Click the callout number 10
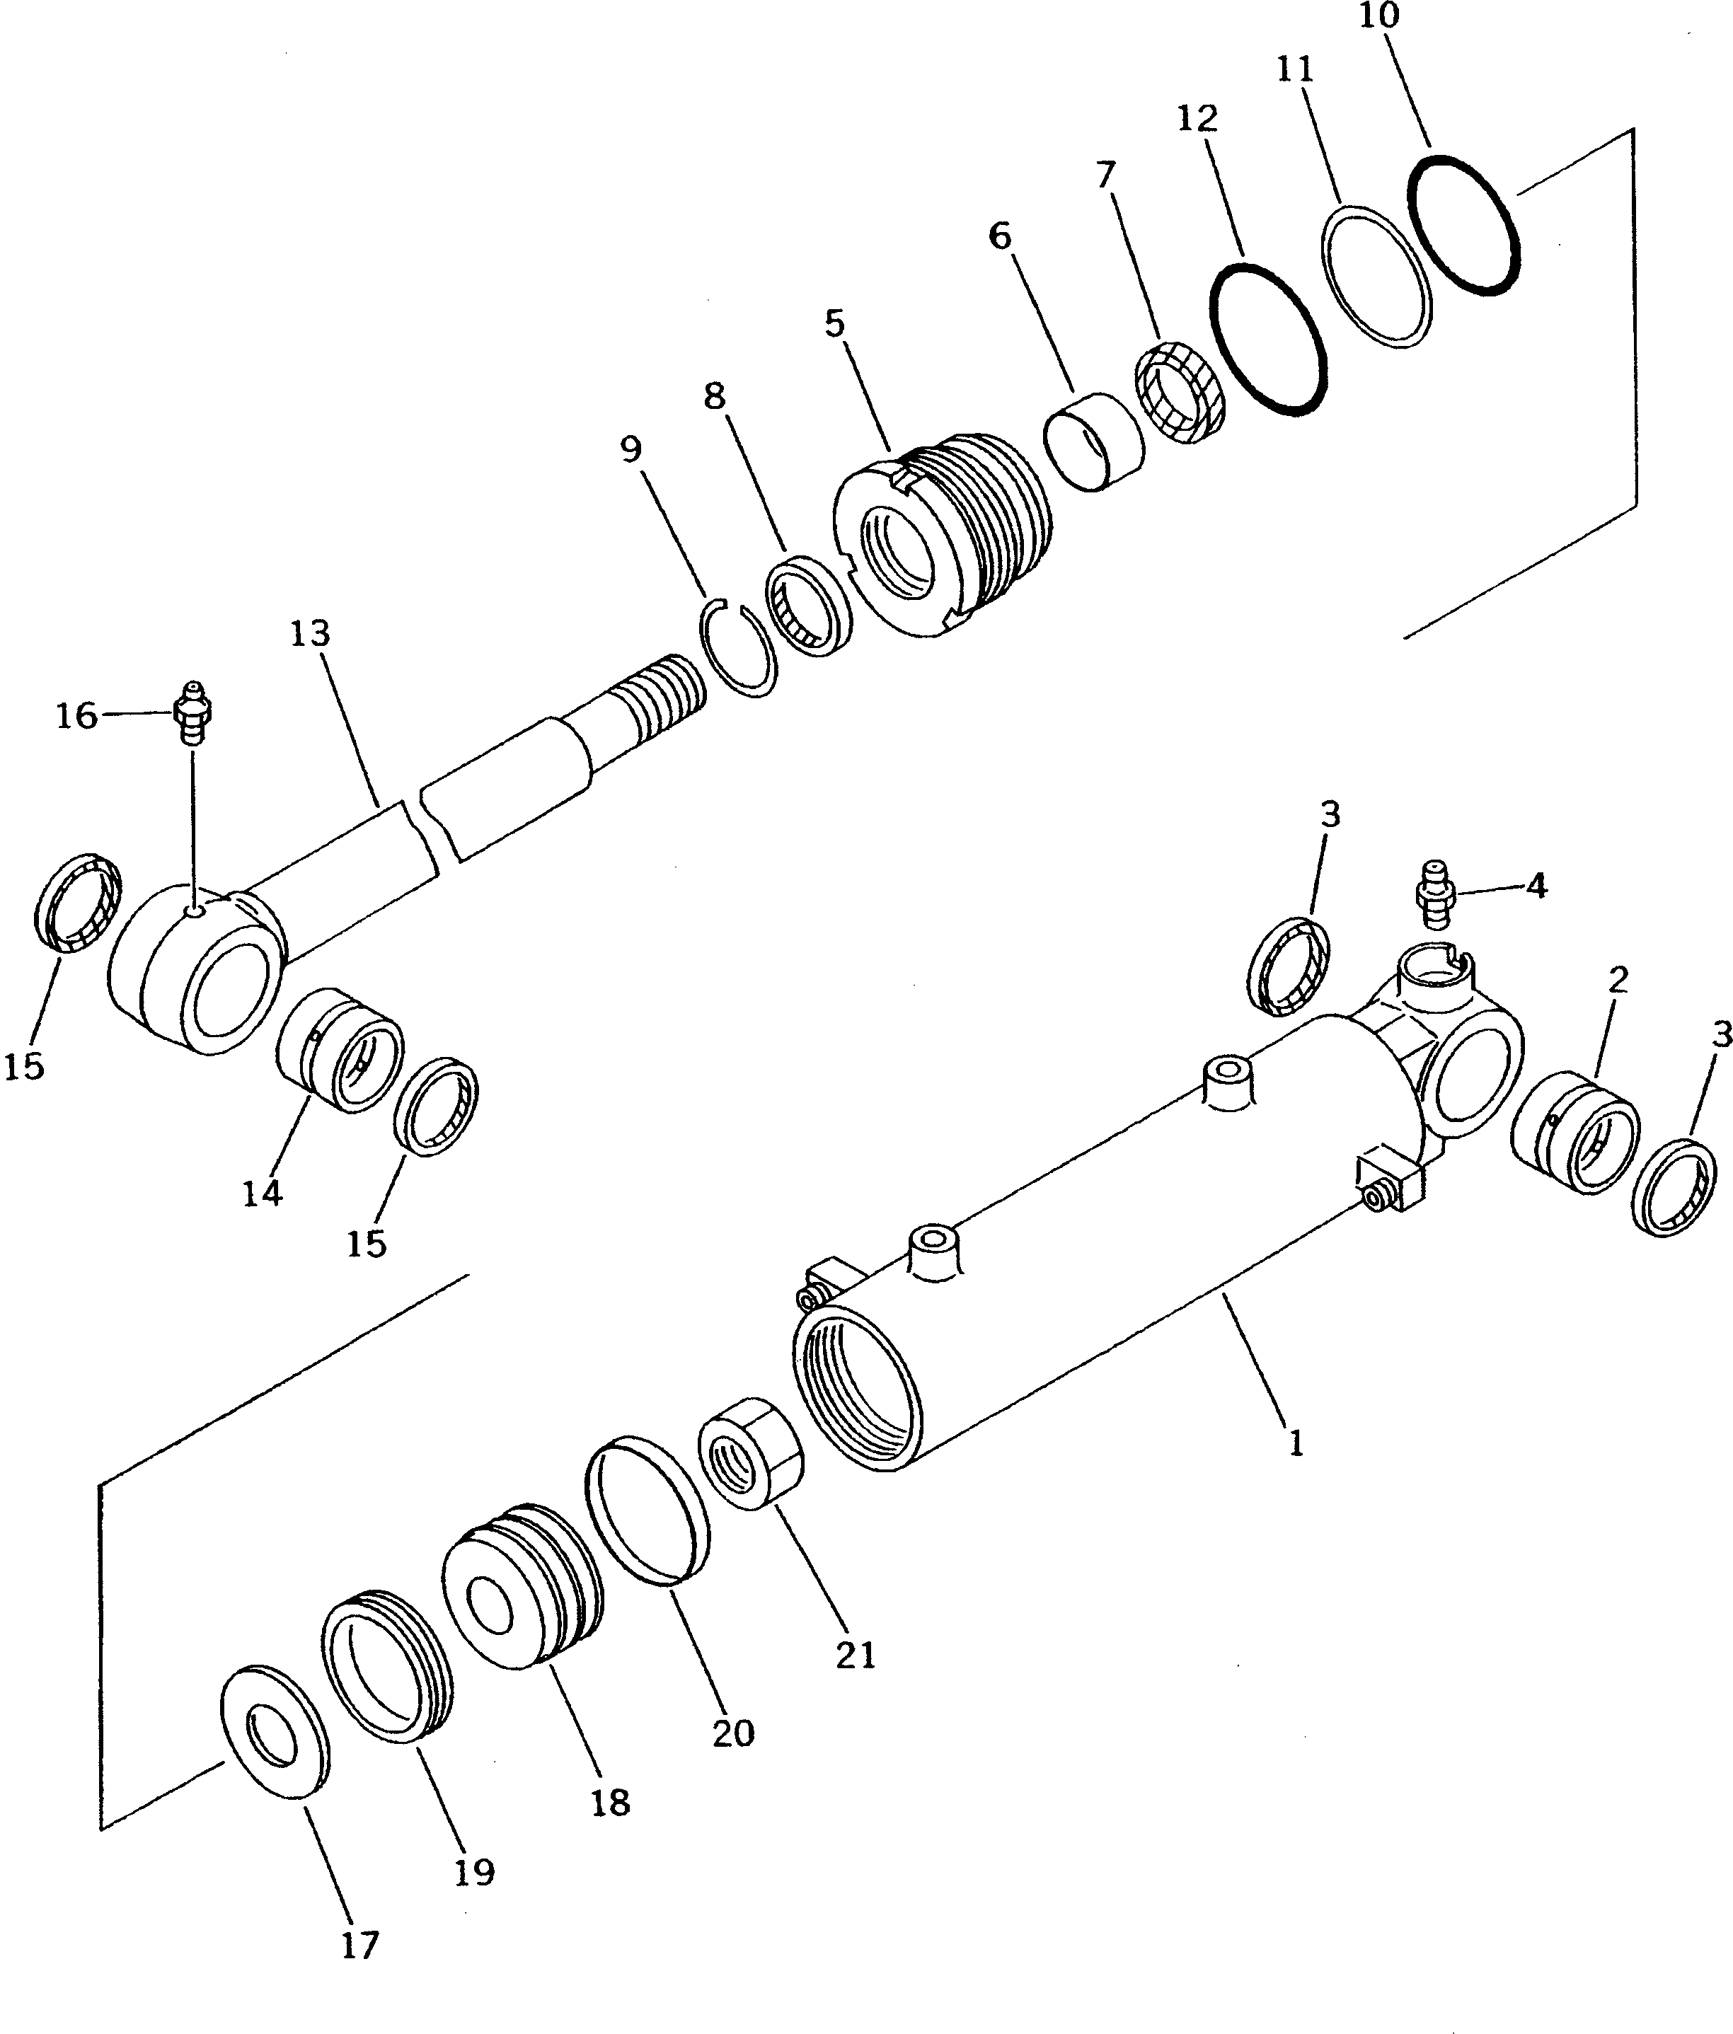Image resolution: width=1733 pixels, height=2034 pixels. click(1378, 17)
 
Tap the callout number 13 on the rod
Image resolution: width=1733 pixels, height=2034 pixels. click(310, 634)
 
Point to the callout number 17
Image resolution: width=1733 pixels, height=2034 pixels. click(359, 1945)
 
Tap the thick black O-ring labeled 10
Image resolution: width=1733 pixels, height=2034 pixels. click(1464, 222)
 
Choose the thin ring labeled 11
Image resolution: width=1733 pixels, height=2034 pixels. click(1376, 276)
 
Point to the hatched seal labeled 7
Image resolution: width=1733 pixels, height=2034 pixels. click(1178, 390)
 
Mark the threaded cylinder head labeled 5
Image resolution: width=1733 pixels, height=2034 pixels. click(943, 535)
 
